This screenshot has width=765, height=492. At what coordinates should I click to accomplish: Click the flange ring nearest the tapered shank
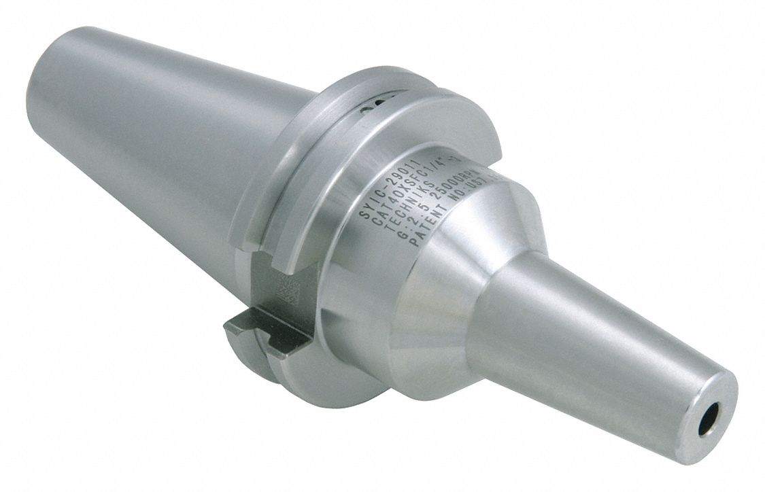[x=258, y=170]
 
